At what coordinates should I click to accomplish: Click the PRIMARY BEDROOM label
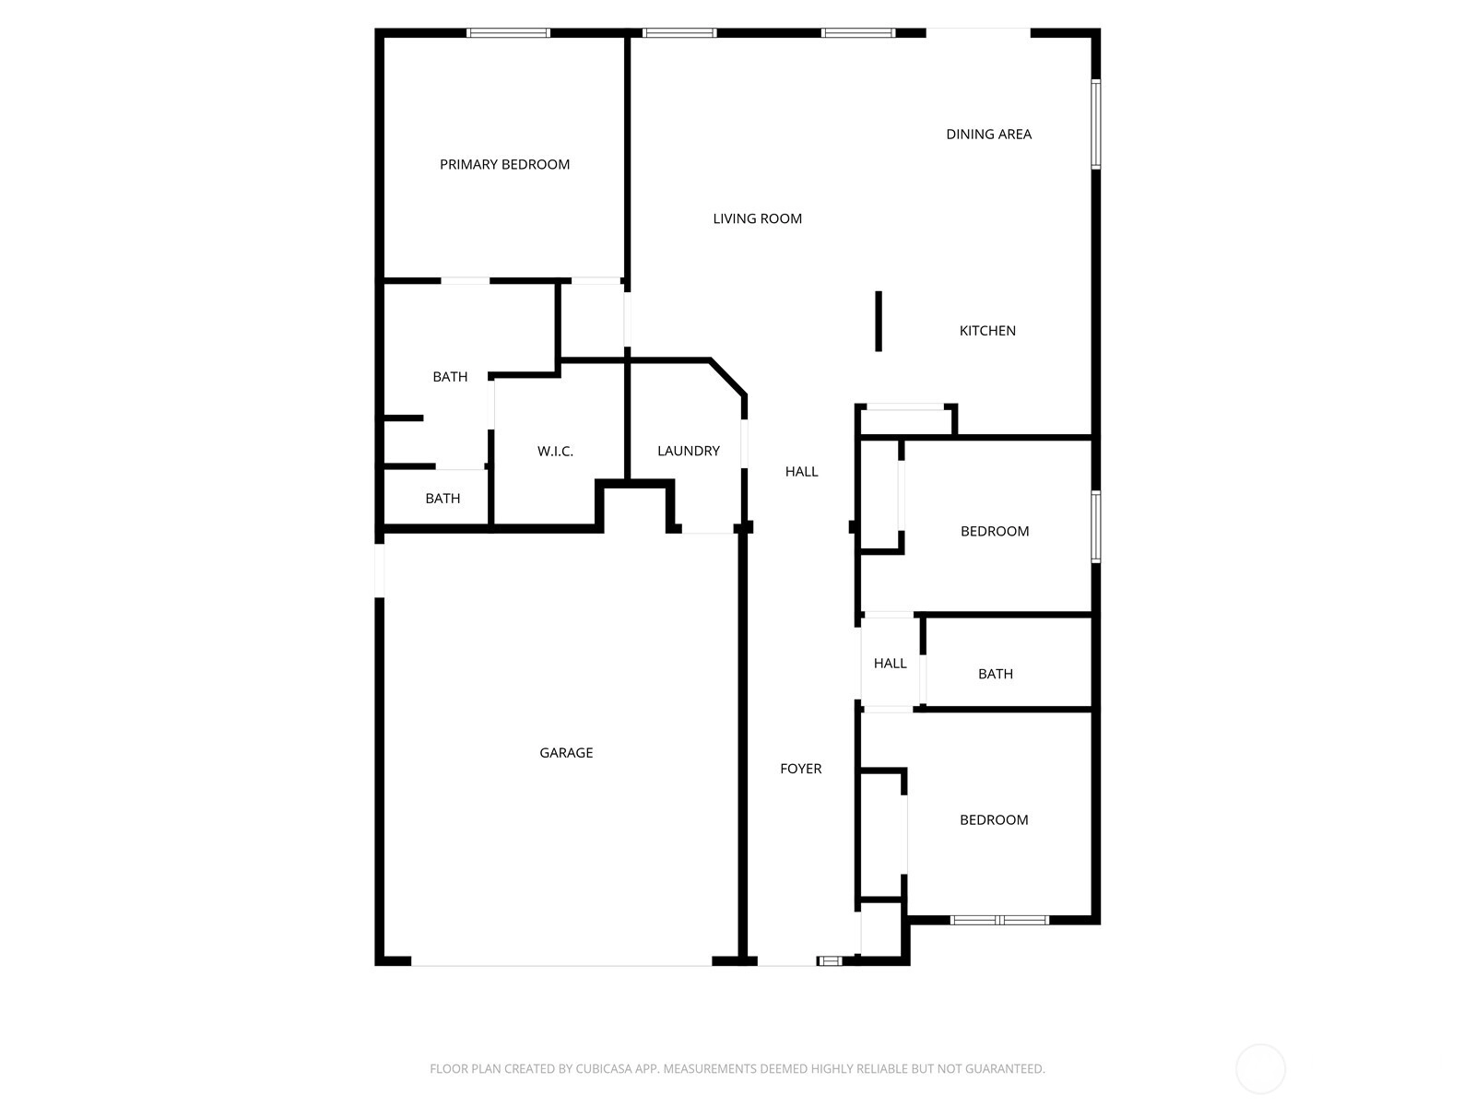coord(504,165)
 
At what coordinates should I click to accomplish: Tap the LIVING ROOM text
coord(758,219)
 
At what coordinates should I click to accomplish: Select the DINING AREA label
coord(988,135)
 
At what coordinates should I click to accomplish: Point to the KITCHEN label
coord(987,330)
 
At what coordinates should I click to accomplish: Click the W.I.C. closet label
coord(555,452)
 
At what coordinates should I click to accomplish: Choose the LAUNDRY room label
coord(688,451)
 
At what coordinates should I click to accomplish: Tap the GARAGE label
coord(566,753)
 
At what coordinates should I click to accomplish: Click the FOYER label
coord(800,769)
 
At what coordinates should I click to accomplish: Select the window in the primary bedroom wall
coord(509,33)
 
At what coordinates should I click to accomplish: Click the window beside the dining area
coord(1095,124)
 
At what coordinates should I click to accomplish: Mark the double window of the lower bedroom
coord(1000,920)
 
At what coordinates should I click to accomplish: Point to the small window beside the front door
coord(829,961)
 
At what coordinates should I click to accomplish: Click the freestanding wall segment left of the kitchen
coord(879,321)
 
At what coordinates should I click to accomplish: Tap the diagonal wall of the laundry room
coord(727,377)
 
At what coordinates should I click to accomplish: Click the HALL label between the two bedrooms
coord(890,664)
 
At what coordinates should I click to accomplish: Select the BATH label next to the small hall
coord(996,674)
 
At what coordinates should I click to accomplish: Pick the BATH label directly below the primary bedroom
coord(450,377)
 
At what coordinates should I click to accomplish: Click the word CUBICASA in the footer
coord(604,1068)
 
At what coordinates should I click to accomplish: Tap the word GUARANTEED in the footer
coord(1005,1068)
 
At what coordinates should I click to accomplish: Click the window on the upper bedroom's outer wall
coord(1095,526)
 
